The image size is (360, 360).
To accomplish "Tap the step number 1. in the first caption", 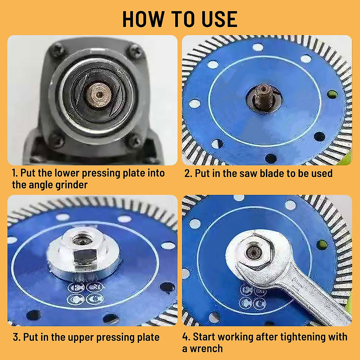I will pyautogui.click(x=15, y=173).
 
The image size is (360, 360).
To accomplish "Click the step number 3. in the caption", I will pyautogui.click(x=17, y=337).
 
